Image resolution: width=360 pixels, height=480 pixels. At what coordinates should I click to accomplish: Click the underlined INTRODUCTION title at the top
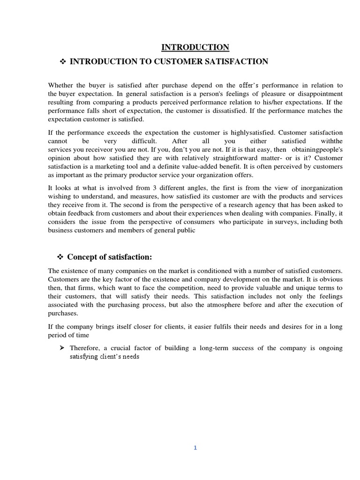[195, 47]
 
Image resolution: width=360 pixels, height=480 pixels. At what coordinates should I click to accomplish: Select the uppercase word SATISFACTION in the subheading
[239, 62]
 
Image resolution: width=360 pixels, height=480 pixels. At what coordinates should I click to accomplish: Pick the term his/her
[252, 102]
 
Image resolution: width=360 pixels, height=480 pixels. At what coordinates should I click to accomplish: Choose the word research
[242, 205]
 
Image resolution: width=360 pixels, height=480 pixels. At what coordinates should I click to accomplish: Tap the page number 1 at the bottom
[195, 448]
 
